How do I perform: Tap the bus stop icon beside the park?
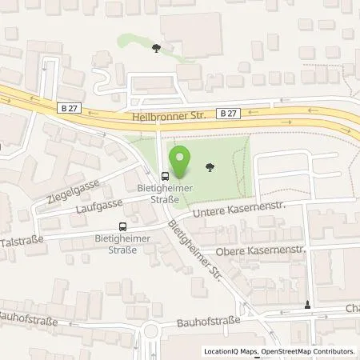tap(165, 177)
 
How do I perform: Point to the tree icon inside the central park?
tap(210, 167)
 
